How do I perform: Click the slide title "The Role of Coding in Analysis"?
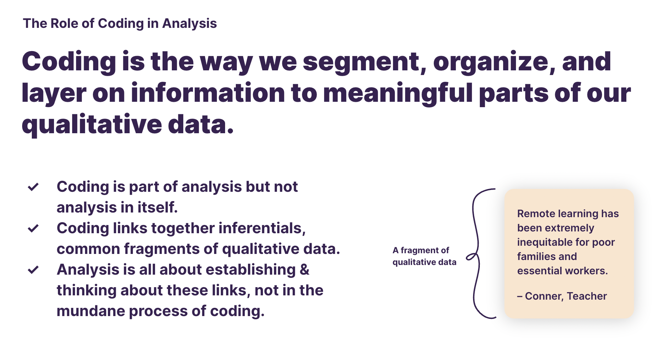[x=120, y=24]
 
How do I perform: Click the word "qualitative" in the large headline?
[x=92, y=124]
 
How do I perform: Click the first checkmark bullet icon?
[x=33, y=187]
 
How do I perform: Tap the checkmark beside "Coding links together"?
[x=33, y=228]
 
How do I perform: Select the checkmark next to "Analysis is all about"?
[x=33, y=270]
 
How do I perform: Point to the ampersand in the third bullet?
[x=304, y=270]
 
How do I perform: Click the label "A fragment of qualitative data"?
[x=424, y=256]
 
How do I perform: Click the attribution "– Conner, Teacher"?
[x=562, y=296]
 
